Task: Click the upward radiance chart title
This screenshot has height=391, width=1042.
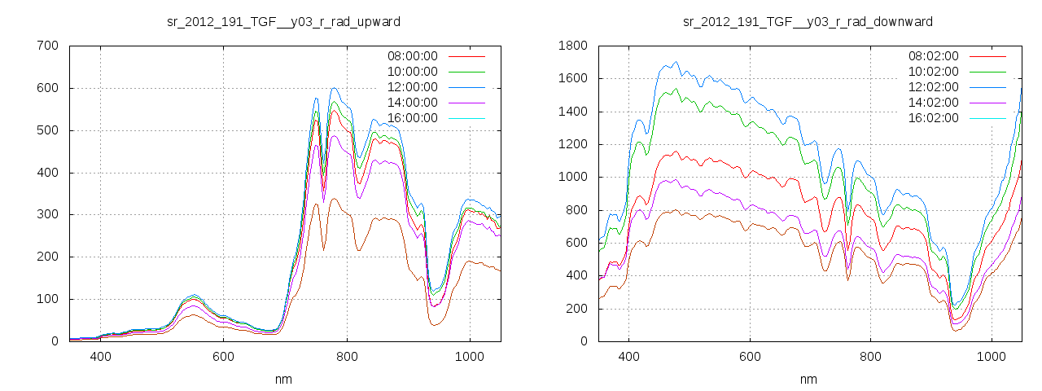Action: [283, 21]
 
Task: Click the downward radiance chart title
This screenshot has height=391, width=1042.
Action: [808, 21]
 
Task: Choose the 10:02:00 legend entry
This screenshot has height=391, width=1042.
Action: [933, 72]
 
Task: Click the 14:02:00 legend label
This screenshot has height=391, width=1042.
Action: [933, 103]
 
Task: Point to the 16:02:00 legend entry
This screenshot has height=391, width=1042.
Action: [933, 118]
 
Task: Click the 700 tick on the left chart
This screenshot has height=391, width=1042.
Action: [47, 46]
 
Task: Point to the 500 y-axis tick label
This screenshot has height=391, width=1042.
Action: [47, 130]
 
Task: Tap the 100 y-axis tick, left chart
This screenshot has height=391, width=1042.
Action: [47, 299]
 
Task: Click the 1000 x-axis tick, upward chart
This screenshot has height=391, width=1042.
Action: [470, 357]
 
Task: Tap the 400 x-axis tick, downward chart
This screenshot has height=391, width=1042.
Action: [628, 357]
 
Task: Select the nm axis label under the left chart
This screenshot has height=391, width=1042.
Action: [284, 380]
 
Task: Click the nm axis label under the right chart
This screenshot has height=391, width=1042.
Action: [808, 380]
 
